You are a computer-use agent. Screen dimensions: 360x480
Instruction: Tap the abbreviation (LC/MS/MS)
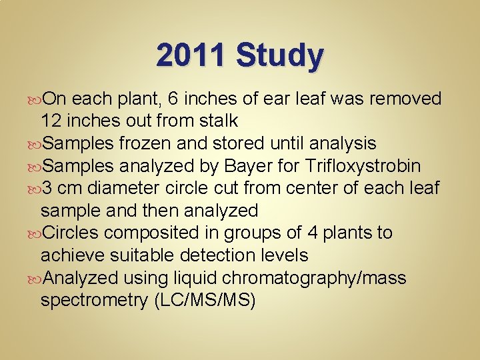pos(205,300)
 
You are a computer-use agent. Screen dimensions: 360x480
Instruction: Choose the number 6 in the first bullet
pos(173,99)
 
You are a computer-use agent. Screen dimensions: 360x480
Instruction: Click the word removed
pos(406,99)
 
